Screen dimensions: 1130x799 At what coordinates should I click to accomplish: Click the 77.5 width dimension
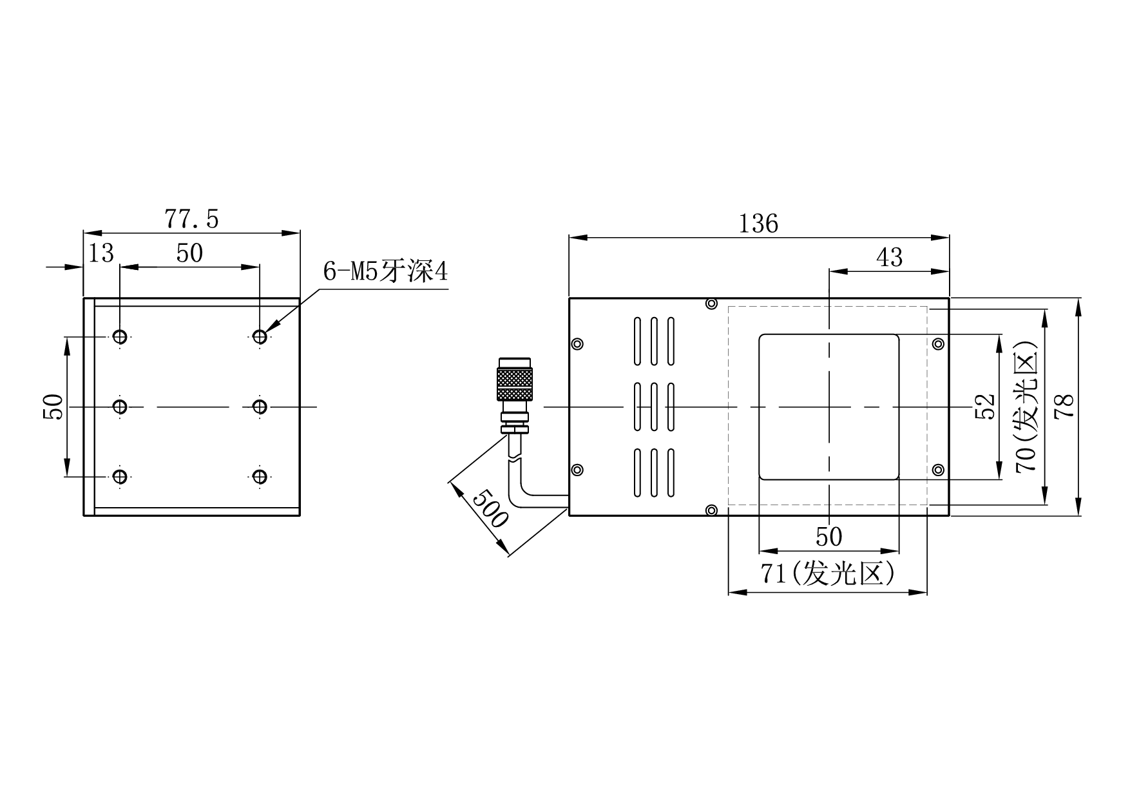pyautogui.click(x=192, y=220)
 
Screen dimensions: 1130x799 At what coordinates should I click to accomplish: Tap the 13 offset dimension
pyautogui.click(x=101, y=254)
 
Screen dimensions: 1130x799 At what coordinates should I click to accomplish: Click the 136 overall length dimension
pyautogui.click(x=758, y=224)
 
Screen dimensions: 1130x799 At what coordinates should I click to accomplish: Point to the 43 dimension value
pyautogui.click(x=890, y=258)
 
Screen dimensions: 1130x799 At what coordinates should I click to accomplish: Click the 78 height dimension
pyautogui.click(x=1066, y=407)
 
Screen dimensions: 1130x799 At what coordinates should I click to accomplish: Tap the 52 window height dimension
pyautogui.click(x=986, y=407)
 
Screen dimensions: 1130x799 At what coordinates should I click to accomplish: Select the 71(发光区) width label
pyautogui.click(x=828, y=573)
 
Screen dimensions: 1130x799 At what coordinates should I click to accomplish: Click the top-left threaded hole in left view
pyautogui.click(x=120, y=336)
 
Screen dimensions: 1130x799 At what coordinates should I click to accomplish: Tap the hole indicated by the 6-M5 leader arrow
pyautogui.click(x=260, y=336)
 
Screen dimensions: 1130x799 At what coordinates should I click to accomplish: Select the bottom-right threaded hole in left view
pyautogui.click(x=260, y=477)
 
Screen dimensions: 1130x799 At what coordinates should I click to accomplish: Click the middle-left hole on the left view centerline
pyautogui.click(x=120, y=407)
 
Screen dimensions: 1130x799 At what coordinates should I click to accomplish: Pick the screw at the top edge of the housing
pyautogui.click(x=711, y=303)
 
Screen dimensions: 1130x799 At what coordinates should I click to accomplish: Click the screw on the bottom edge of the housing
pyautogui.click(x=711, y=511)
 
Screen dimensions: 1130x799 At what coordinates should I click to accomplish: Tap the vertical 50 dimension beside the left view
pyautogui.click(x=55, y=407)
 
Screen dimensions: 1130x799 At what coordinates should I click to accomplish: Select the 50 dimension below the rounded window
pyautogui.click(x=828, y=537)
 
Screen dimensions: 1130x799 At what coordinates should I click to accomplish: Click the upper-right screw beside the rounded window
pyautogui.click(x=939, y=343)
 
